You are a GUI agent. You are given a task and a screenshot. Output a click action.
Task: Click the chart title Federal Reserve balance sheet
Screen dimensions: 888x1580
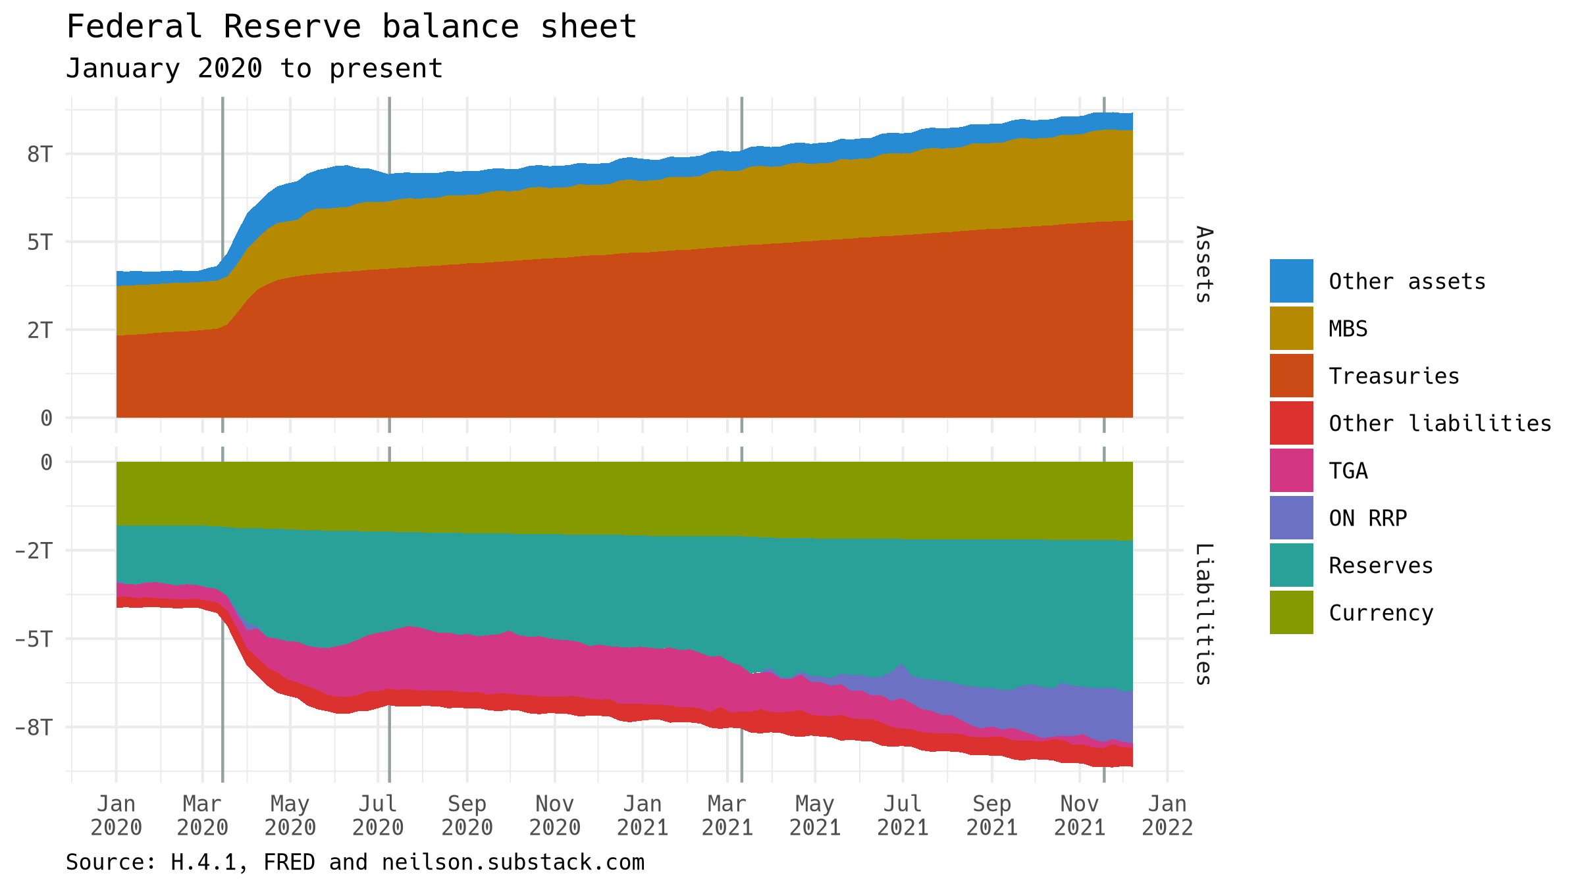click(x=352, y=28)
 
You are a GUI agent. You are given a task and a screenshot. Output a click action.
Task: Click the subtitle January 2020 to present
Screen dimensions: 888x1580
click(x=254, y=68)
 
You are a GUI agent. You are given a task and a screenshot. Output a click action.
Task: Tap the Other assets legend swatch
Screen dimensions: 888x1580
click(x=1291, y=281)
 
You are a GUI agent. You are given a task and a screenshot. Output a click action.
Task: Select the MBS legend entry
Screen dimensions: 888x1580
click(x=1348, y=329)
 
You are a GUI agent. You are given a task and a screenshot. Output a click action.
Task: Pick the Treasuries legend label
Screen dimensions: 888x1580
click(x=1394, y=376)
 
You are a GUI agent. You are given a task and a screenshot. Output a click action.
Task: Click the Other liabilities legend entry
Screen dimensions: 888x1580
click(x=1440, y=424)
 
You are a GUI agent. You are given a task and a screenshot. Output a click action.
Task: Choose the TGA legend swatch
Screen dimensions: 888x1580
click(x=1291, y=470)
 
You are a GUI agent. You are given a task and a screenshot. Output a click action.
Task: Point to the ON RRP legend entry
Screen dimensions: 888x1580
click(x=1367, y=518)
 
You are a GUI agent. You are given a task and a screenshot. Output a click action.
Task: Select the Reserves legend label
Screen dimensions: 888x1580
click(x=1381, y=566)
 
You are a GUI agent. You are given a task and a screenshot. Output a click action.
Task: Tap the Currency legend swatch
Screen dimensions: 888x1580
click(x=1291, y=612)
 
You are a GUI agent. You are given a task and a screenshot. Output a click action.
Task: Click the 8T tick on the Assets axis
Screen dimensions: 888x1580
click(x=39, y=154)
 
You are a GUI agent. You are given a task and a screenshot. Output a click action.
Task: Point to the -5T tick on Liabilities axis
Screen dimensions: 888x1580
click(x=34, y=639)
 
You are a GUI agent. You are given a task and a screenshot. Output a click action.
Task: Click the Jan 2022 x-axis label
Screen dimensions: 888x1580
click(x=1167, y=815)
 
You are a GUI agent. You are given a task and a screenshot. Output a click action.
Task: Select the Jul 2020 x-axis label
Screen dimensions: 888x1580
click(x=378, y=815)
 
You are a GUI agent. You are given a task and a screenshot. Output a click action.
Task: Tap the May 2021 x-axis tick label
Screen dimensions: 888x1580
click(x=815, y=815)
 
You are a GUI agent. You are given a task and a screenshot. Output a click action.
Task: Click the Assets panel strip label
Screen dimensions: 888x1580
click(x=1203, y=264)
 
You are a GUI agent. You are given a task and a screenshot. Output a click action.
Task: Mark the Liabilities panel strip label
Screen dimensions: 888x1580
click(x=1203, y=614)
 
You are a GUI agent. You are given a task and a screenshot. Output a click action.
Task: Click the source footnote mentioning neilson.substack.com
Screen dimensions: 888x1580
click(x=355, y=862)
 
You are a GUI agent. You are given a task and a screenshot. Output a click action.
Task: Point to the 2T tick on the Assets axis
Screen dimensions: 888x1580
click(x=39, y=330)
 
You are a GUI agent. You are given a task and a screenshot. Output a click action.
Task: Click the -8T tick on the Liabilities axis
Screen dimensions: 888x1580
click(x=34, y=728)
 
